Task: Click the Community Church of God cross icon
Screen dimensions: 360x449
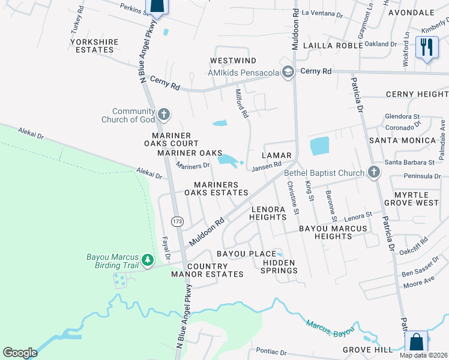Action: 163,115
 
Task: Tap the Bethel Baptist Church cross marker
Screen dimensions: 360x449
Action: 374,173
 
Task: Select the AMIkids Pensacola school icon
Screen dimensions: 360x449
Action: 288,73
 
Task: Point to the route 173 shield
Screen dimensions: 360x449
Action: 177,221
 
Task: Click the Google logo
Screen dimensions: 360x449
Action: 20,353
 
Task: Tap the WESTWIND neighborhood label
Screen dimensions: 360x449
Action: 233,61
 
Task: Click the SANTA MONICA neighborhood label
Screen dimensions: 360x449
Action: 402,140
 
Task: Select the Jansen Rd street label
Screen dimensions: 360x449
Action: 267,165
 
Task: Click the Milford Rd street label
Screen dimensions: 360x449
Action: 241,103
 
